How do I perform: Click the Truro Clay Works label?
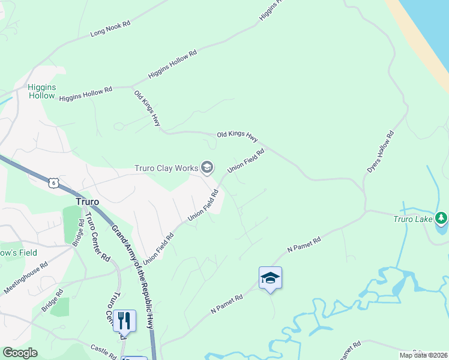[x=166, y=168]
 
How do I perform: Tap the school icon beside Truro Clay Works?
[x=207, y=167]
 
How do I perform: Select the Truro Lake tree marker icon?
[x=441, y=218]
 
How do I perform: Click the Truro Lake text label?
[x=412, y=219]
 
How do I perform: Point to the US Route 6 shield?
[x=54, y=182]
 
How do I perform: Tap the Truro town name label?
[x=87, y=202]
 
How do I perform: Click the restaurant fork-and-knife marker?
[x=124, y=321]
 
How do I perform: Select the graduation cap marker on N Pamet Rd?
[x=270, y=278]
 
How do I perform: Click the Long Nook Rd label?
[x=110, y=29]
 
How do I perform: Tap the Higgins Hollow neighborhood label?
[x=42, y=91]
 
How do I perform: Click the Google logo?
[x=19, y=353]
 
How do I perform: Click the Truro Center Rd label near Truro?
[x=97, y=237]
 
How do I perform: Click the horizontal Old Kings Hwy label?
[x=237, y=137]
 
